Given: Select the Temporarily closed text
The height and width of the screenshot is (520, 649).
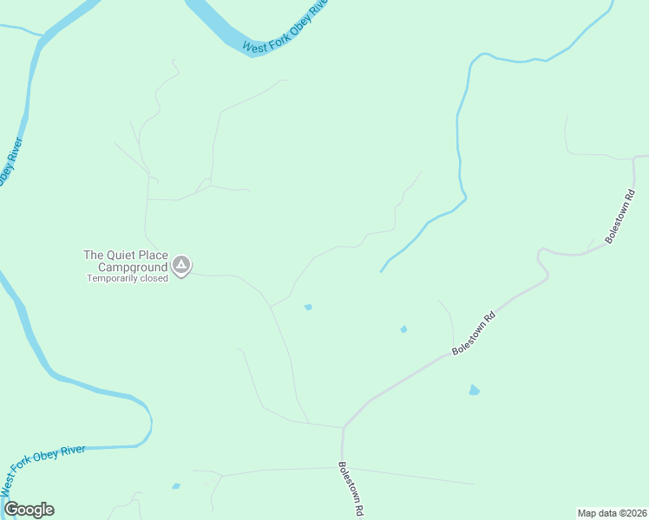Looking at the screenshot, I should click(127, 279).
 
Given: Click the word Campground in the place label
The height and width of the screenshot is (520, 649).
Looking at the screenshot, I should click(129, 267).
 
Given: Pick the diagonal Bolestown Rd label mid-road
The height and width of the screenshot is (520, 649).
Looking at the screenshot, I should click(473, 333).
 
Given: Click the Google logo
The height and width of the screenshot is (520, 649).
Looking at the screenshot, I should click(29, 510).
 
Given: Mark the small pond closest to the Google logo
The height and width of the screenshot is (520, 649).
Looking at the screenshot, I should click(176, 486).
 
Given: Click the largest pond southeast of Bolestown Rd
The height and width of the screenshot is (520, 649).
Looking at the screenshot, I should click(474, 390).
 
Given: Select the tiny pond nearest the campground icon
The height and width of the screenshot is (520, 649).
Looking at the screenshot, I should click(308, 307).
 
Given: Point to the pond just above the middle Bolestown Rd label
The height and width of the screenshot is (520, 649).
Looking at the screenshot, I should click(403, 328).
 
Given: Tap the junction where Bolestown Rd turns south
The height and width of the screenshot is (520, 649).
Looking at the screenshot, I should click(344, 427).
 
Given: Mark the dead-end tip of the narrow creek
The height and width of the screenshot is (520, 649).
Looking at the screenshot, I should click(380, 271).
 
